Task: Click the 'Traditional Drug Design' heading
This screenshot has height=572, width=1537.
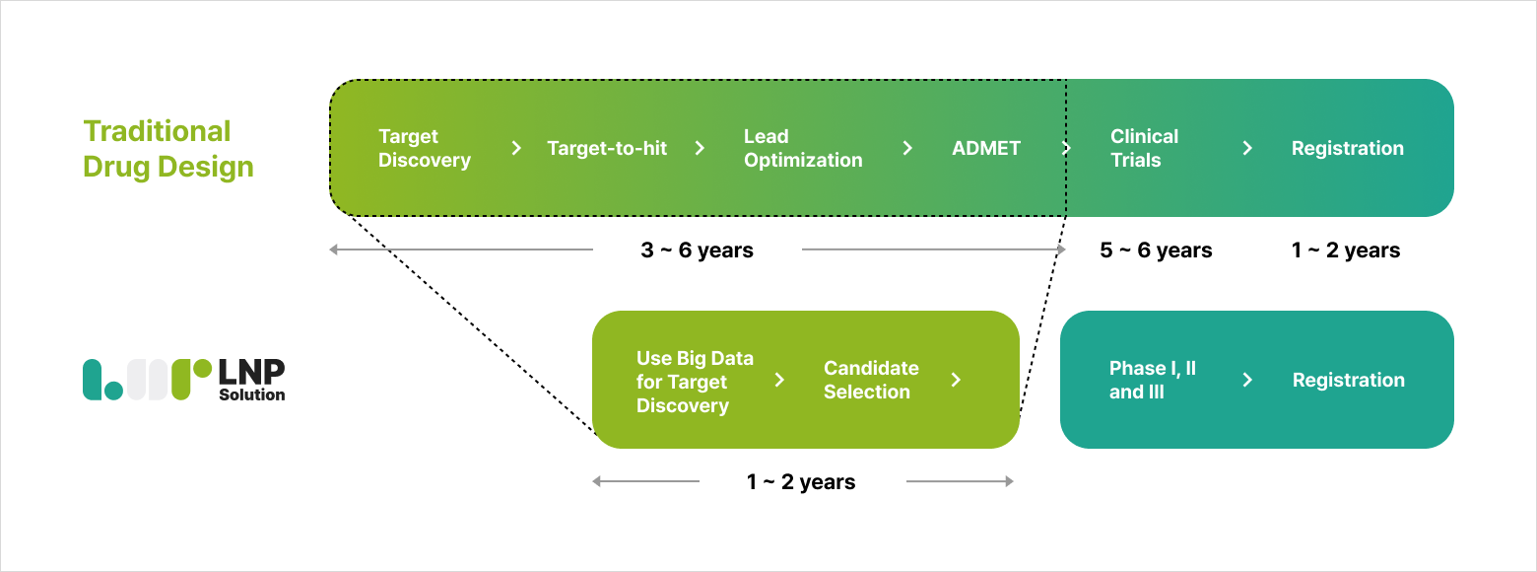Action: (x=168, y=149)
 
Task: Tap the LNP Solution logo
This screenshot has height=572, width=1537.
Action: (x=184, y=379)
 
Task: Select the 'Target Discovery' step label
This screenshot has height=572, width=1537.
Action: (x=424, y=148)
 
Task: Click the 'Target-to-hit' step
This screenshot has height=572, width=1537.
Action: (x=607, y=148)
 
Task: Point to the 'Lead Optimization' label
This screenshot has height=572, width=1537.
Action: (x=803, y=148)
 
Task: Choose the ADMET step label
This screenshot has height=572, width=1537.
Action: (x=986, y=148)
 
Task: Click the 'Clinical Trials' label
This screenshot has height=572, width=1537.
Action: (x=1145, y=148)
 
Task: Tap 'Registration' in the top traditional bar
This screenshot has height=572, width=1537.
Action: (x=1348, y=148)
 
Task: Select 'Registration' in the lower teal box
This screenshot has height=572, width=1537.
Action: (x=1348, y=380)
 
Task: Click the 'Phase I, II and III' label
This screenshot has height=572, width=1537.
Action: (x=1153, y=380)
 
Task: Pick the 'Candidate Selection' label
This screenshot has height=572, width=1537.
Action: (x=871, y=380)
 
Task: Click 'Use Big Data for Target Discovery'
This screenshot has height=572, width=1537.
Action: (x=695, y=381)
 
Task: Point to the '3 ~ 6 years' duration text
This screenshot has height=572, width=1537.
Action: (x=698, y=250)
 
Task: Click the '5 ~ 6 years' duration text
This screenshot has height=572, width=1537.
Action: (x=1156, y=250)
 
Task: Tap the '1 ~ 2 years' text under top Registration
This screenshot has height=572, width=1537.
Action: (x=1346, y=250)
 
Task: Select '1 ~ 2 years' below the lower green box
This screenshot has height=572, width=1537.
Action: (x=801, y=482)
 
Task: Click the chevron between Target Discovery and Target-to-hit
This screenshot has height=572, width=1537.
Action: (x=516, y=148)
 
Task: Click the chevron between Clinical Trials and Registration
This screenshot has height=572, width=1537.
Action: (x=1247, y=148)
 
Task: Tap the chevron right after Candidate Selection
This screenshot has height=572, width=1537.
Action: (x=956, y=380)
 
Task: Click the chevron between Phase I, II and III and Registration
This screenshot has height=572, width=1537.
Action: (x=1247, y=380)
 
